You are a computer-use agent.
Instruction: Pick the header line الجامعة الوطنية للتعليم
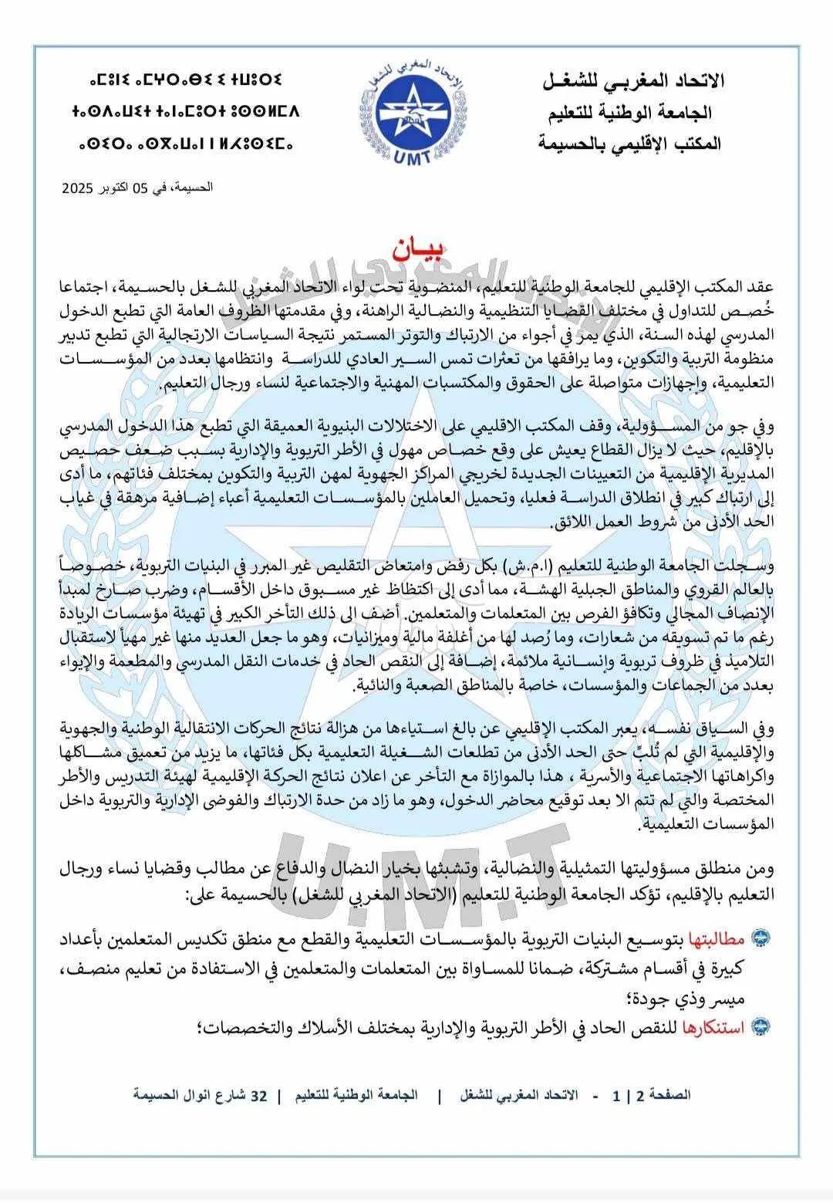pyautogui.click(x=635, y=113)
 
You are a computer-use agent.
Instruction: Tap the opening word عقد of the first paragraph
pyautogui.click(x=760, y=286)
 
